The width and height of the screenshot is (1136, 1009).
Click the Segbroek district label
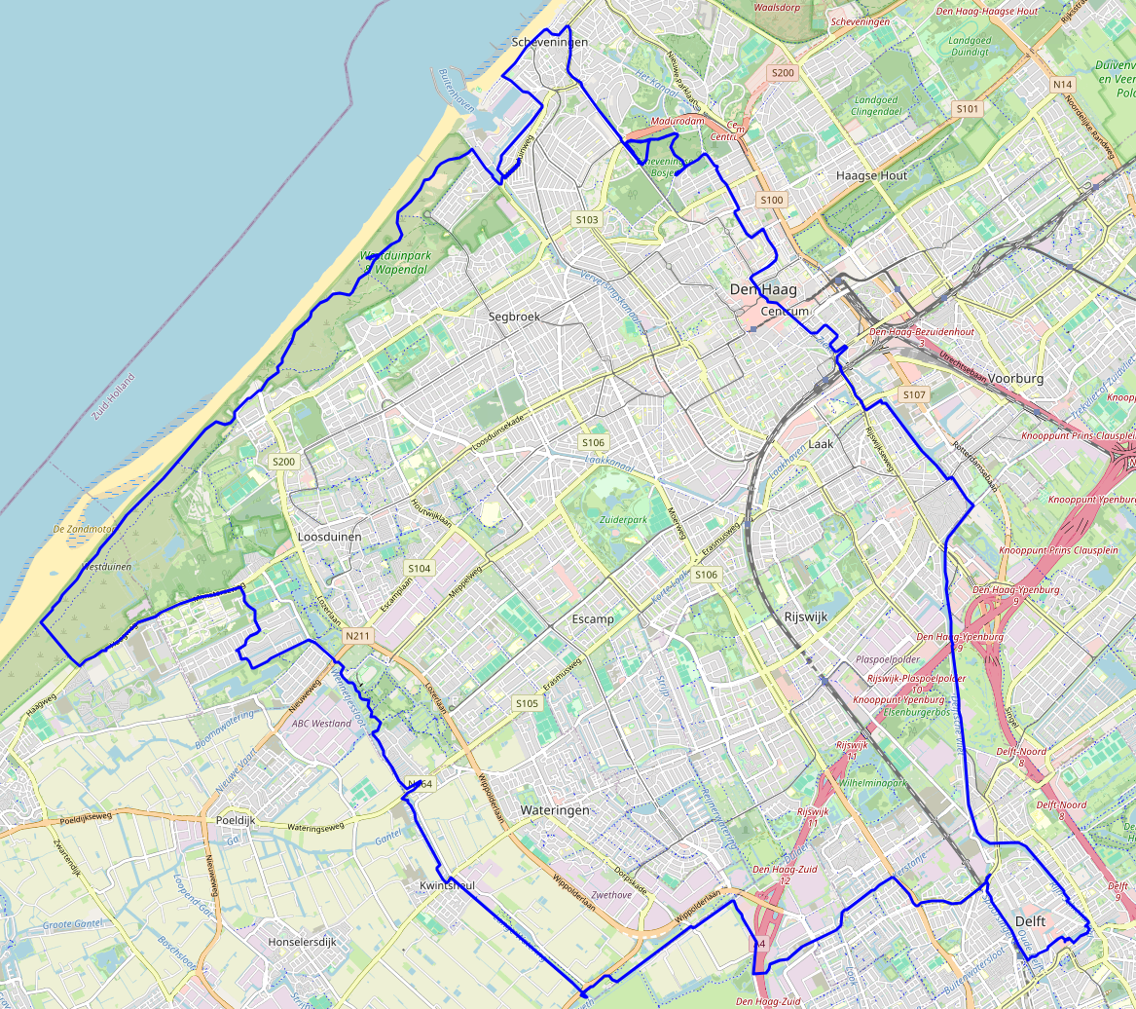[x=515, y=317]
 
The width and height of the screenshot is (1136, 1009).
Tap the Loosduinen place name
[x=329, y=537]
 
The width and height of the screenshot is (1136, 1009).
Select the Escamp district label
[x=593, y=618]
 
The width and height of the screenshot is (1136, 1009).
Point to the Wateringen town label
[x=555, y=810]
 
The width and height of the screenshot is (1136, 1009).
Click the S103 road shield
[x=586, y=220]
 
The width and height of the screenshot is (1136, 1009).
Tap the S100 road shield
[x=771, y=200]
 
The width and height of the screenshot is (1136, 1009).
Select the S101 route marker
[x=967, y=109]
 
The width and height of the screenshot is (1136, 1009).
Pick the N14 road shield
[x=1062, y=85]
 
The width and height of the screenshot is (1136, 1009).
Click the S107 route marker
[x=913, y=394]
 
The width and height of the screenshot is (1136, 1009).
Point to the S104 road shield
[x=420, y=568]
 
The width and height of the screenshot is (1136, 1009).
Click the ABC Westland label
[x=321, y=724]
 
